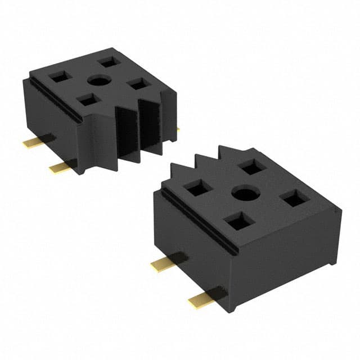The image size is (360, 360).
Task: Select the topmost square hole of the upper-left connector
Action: pos(107,62)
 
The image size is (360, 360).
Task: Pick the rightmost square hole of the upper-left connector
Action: pos(138,84)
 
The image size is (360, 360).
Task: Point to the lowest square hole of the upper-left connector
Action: pos(87,100)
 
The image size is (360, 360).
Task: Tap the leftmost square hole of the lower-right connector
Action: pos(197,187)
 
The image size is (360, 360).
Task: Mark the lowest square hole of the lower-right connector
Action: pos(240,222)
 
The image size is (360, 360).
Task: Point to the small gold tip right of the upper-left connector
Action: pos(178,130)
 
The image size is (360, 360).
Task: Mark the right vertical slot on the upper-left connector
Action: pos(151,127)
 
